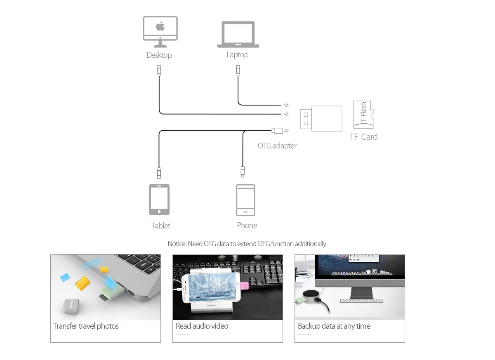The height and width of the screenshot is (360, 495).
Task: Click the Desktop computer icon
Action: (160, 32)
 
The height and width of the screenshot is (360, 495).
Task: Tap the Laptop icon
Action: (238, 35)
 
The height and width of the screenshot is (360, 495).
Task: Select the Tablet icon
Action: (159, 200)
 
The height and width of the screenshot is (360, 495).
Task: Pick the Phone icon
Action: (245, 200)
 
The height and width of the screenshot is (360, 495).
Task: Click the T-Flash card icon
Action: (363, 114)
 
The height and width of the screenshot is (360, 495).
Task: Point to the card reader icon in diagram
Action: (321, 119)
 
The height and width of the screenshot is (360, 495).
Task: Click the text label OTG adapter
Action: (277, 146)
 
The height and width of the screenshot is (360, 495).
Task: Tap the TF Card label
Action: (363, 137)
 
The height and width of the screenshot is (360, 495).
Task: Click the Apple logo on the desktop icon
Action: (160, 27)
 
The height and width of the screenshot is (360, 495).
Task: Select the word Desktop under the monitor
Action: (159, 55)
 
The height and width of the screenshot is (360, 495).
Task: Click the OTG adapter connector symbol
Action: (278, 131)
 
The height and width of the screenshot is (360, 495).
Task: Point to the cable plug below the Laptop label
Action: (238, 70)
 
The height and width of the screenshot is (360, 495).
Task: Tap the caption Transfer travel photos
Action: (86, 326)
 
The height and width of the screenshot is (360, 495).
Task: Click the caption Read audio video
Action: (202, 326)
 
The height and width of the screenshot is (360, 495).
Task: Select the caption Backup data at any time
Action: (334, 326)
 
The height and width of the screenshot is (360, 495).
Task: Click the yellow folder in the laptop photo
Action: (82, 283)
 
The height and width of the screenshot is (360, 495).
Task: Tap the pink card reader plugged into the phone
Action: (245, 285)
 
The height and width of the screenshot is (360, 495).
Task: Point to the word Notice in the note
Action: (177, 244)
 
